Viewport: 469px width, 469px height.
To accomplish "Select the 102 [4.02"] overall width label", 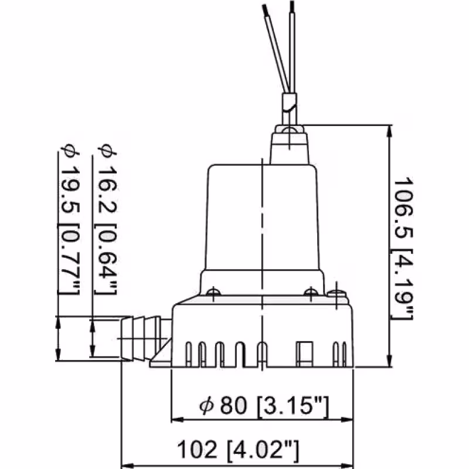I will tap(238, 450).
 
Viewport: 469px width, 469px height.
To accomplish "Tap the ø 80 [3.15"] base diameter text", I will tap(263, 405).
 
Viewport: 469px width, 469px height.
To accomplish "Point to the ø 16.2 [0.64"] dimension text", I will tap(107, 219).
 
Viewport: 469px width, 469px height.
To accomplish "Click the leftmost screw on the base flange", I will tap(215, 290).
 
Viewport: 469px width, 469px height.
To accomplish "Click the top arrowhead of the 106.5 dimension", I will tap(390, 130).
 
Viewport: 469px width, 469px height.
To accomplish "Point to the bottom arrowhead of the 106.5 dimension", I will tap(390, 362).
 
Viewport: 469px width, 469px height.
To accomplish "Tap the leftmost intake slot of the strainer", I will tap(188, 353).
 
